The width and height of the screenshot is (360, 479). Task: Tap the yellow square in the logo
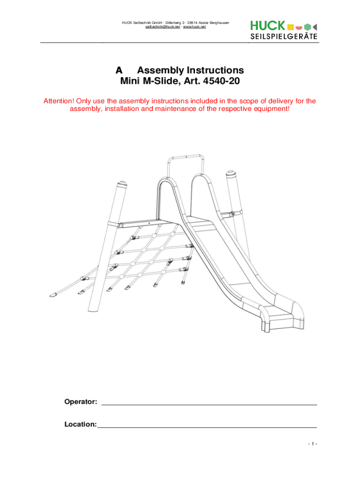click(x=290, y=26)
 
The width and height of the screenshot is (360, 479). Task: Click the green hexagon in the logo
click(x=307, y=26)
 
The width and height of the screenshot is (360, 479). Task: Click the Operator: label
click(x=81, y=402)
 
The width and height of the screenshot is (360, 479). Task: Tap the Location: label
click(x=80, y=425)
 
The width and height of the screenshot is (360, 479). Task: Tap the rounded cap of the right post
click(x=232, y=175)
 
